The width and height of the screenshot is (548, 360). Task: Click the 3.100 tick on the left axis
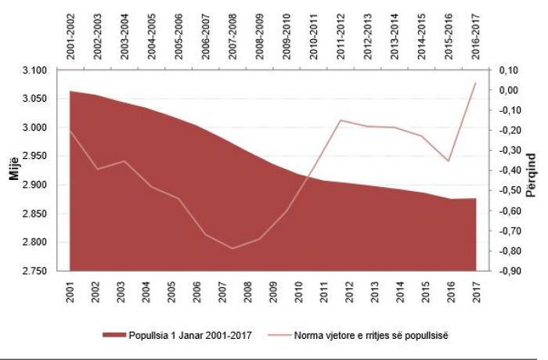click(x=34, y=70)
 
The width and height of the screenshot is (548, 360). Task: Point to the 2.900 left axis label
click(x=34, y=185)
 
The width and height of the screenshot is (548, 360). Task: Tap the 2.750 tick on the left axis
click(x=34, y=271)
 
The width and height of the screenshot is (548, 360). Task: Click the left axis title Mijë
click(x=14, y=170)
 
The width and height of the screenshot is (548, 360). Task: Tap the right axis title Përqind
click(x=531, y=175)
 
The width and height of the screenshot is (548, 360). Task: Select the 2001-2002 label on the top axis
click(x=70, y=36)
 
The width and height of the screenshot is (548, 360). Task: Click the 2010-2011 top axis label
click(x=313, y=36)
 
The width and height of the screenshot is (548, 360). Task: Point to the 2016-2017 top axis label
click(x=475, y=36)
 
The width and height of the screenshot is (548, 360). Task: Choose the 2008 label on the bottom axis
click(x=248, y=292)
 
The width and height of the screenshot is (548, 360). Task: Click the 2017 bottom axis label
click(x=476, y=292)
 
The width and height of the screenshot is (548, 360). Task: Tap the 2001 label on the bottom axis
click(x=70, y=292)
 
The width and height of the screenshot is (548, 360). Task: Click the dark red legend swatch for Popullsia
click(x=114, y=335)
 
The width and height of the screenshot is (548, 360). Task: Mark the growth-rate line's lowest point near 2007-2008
click(x=233, y=249)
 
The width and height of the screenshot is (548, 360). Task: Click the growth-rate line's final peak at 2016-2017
click(x=476, y=83)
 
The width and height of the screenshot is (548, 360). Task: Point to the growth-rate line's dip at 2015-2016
click(x=449, y=160)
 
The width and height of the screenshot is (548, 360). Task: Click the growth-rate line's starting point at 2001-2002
click(x=70, y=131)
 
